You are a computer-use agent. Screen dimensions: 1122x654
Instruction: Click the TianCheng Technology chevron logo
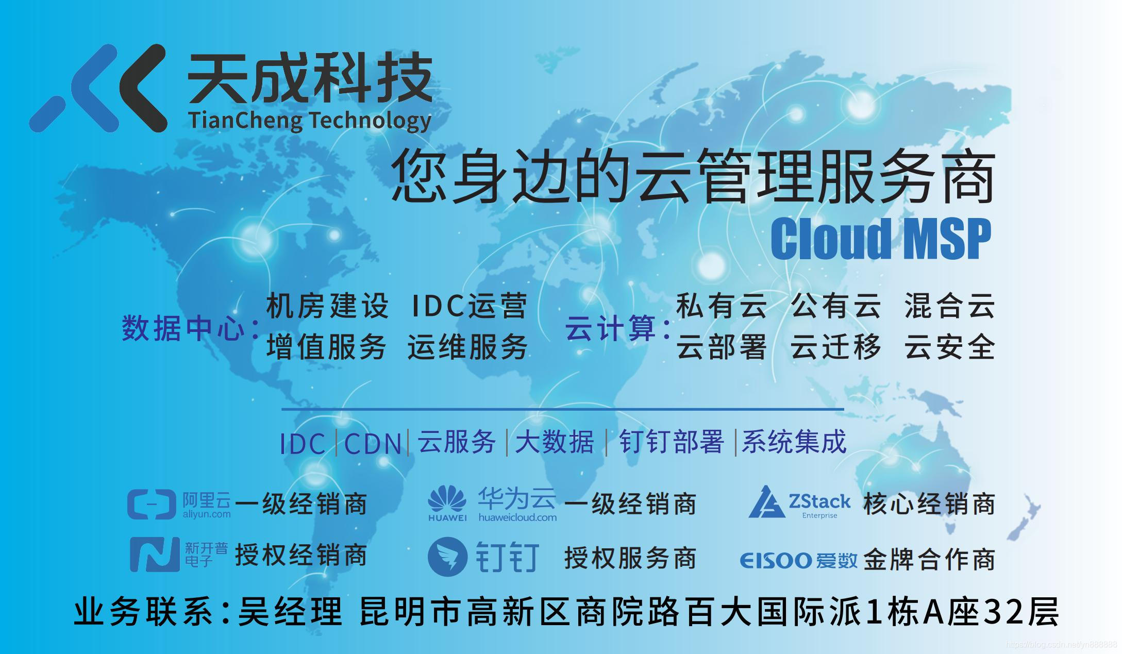(98, 88)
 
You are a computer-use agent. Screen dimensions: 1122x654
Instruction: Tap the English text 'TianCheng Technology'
(310, 121)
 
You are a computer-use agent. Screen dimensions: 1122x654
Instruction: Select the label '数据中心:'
(190, 328)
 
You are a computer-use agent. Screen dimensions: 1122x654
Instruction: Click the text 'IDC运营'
(470, 306)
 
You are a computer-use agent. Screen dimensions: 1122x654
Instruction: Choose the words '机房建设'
(327, 306)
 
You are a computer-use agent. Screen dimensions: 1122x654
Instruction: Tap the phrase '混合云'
(949, 306)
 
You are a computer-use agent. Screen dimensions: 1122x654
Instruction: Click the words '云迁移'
(835, 346)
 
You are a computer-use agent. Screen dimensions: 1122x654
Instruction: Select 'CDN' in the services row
(373, 443)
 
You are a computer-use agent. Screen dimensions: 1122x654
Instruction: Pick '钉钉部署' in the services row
(671, 442)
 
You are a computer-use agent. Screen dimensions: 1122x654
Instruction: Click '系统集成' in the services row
(794, 442)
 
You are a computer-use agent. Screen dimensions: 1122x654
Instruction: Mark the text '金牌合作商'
(929, 559)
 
